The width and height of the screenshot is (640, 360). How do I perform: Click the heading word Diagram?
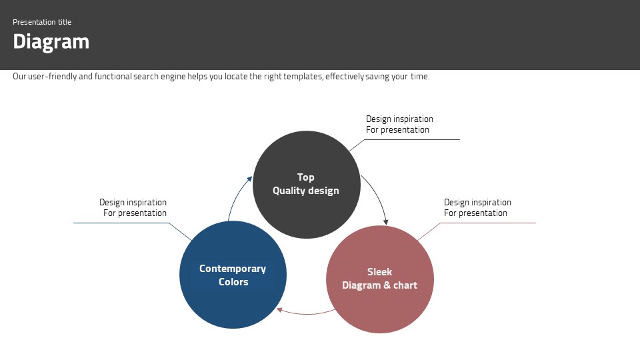51,42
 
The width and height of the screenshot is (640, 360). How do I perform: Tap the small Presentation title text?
42,22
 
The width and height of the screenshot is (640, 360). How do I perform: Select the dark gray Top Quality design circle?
307,185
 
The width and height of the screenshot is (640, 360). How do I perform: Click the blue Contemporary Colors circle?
233,275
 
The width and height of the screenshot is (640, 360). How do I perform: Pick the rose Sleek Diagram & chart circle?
380,279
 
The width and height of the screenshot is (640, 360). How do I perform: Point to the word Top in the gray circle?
306,177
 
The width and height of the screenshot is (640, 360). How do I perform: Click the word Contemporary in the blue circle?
233,269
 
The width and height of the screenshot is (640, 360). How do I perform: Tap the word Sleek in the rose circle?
379,272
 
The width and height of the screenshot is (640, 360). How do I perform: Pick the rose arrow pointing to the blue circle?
305,313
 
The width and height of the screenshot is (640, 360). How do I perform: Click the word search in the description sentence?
146,76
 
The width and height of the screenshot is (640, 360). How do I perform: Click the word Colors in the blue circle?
233,282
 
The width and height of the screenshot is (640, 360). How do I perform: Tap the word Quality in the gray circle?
289,191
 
